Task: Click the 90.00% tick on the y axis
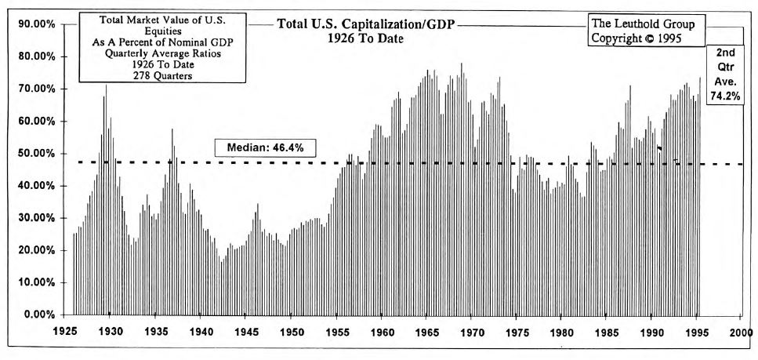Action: [34, 24]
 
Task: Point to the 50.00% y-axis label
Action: [34, 154]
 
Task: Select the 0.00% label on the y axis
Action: [37, 315]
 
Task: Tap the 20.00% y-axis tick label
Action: [34, 250]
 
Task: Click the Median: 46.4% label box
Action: [265, 147]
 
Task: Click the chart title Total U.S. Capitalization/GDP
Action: [365, 24]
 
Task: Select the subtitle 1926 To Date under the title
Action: [365, 38]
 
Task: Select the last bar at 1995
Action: [699, 78]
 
